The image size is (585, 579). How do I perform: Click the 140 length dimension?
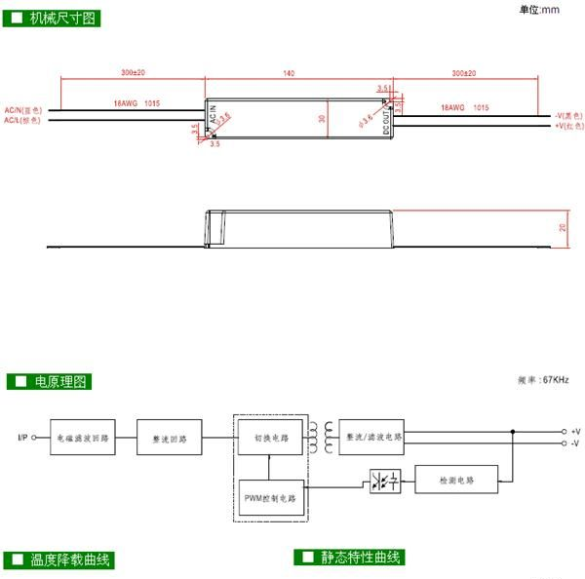pyautogui.click(x=289, y=73)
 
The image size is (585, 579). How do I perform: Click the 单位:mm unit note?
pyautogui.click(x=539, y=10)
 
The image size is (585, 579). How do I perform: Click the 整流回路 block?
pyautogui.click(x=170, y=439)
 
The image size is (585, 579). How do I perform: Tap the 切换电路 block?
pyautogui.click(x=270, y=439)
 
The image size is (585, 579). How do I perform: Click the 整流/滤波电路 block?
pyautogui.click(x=373, y=438)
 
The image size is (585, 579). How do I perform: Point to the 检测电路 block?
pyautogui.click(x=456, y=481)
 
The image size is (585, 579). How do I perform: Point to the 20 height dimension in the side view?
pyautogui.click(x=562, y=228)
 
